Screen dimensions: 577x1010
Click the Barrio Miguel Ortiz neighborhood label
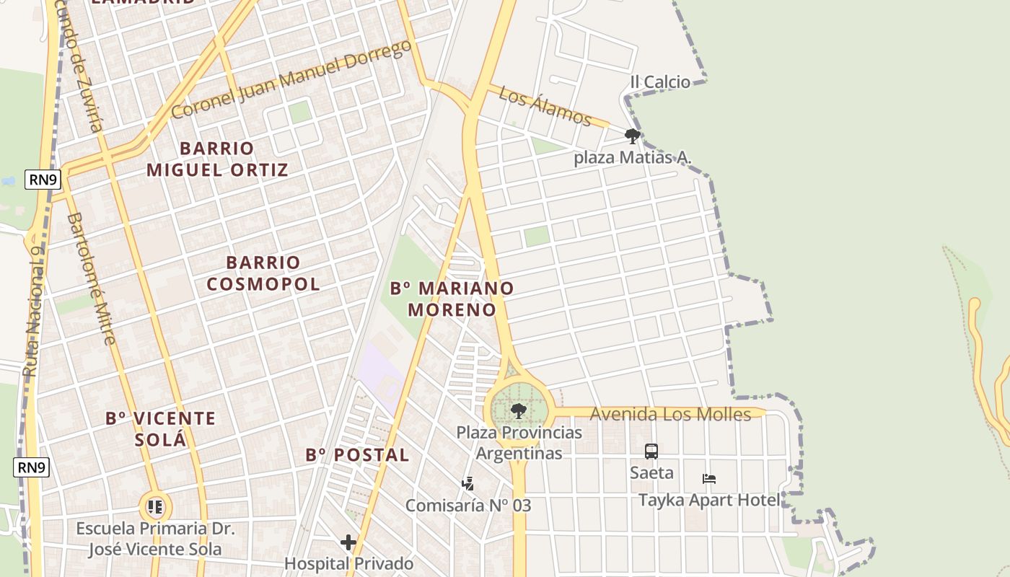click(x=217, y=159)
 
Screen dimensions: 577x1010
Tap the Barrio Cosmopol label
click(x=263, y=273)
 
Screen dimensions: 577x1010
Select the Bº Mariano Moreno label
click(x=452, y=299)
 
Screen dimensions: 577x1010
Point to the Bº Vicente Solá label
click(x=160, y=428)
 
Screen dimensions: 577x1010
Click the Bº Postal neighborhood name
click(x=357, y=455)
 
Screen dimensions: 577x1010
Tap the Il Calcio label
click(x=660, y=82)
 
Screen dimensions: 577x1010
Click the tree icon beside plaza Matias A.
click(x=633, y=136)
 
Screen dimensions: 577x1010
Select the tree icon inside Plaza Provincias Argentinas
click(x=518, y=412)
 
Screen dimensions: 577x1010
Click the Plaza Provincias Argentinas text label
click(x=519, y=443)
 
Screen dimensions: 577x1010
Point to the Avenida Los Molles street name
click(x=670, y=414)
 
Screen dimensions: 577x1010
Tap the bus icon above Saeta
click(x=651, y=452)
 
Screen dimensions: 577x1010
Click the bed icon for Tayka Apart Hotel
click(x=709, y=479)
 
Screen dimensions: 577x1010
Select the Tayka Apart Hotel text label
click(x=709, y=500)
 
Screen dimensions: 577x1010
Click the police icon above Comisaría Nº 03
click(x=467, y=483)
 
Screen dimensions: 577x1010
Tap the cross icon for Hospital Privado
click(x=348, y=542)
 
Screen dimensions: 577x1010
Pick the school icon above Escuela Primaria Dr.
click(x=155, y=507)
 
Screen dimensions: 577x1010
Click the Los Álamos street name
click(x=545, y=106)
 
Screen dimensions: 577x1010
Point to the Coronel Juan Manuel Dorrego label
click(x=291, y=79)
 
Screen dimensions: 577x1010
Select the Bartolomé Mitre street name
click(x=91, y=278)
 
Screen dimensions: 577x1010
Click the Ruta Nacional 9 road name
click(x=33, y=310)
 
